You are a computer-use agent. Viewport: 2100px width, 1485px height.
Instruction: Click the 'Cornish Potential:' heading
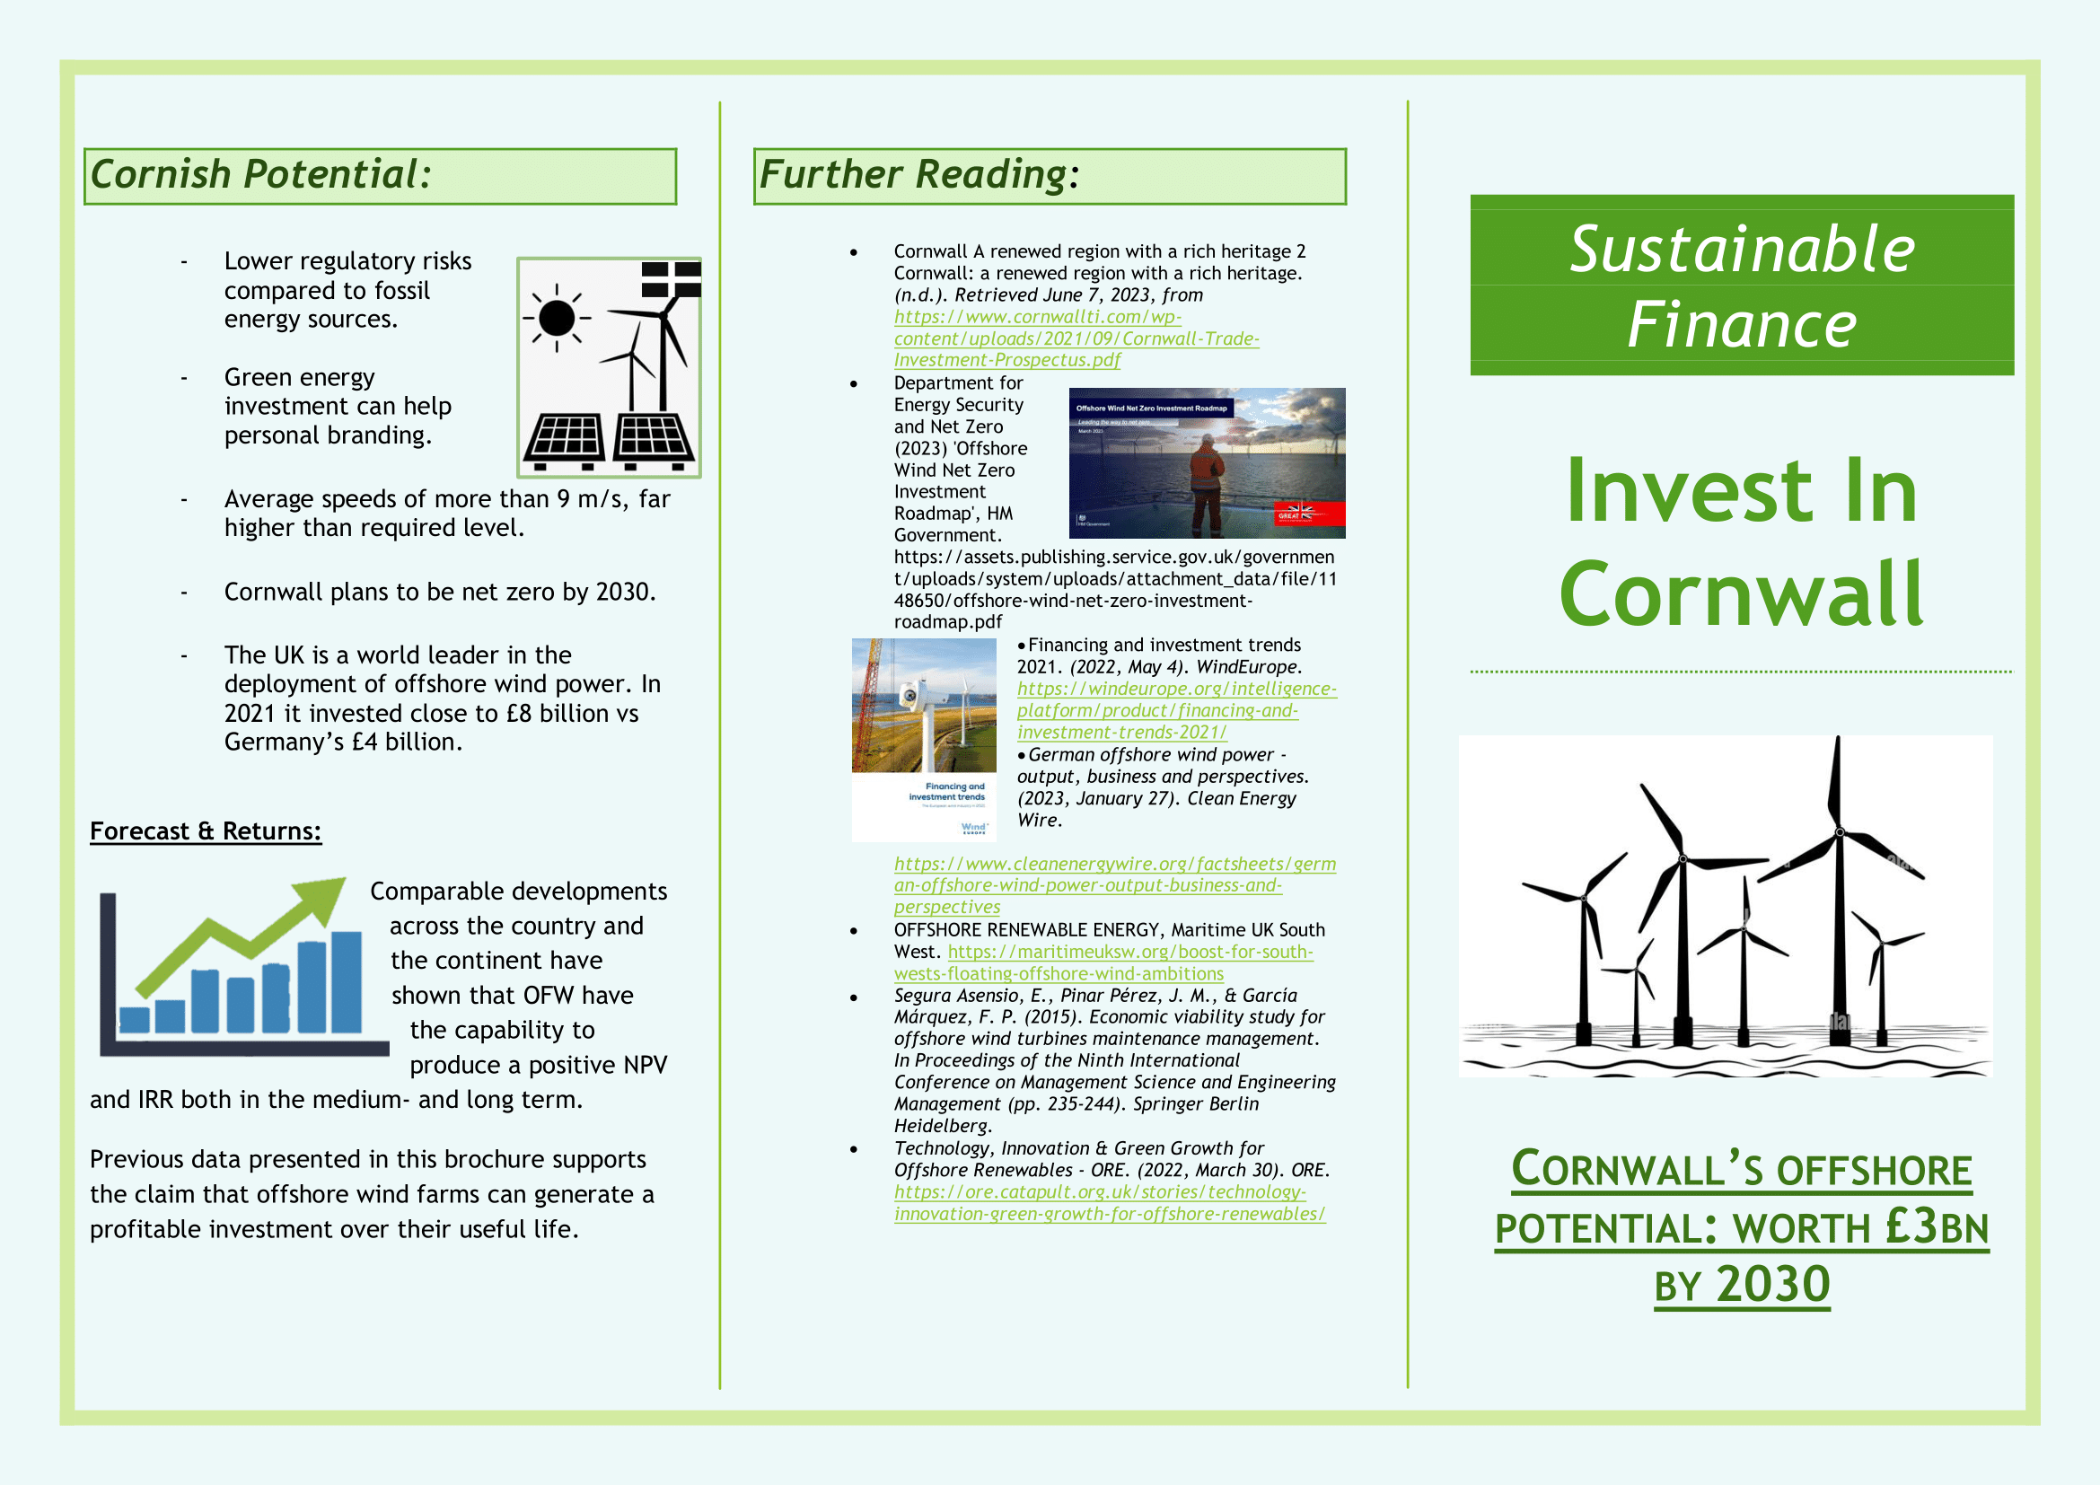pos(260,174)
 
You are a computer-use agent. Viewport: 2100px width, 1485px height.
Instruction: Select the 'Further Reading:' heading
pos(919,174)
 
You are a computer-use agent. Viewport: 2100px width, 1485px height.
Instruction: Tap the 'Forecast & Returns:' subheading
pos(206,830)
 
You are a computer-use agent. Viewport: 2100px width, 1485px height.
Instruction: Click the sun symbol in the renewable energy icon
pos(556,318)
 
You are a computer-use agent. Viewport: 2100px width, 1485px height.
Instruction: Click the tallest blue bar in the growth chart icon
pos(347,982)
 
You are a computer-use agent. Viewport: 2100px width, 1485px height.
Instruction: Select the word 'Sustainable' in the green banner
pos(1742,249)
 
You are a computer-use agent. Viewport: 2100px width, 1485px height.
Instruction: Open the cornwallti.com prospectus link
pos(1076,338)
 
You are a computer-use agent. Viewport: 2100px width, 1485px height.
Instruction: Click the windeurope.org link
pos(1176,710)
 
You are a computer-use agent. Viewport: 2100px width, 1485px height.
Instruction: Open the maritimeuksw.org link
pos(1104,962)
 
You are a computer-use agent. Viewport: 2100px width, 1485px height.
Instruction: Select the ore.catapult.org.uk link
pos(1110,1202)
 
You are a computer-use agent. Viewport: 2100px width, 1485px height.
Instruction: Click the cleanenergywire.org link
pos(1115,885)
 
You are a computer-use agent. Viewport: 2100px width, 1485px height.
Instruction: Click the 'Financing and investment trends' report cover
pos(924,740)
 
